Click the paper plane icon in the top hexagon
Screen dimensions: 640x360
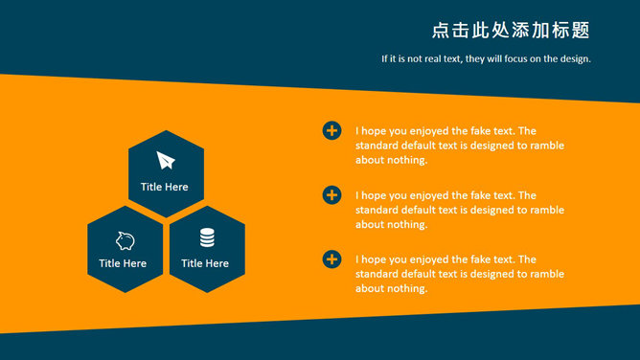click(x=166, y=160)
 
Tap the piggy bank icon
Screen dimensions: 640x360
click(x=125, y=240)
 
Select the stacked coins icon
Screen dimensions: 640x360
click(x=207, y=237)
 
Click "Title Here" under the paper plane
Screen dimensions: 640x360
click(x=165, y=187)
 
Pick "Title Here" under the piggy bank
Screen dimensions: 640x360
click(x=123, y=263)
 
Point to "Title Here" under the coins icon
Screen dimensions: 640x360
click(x=205, y=263)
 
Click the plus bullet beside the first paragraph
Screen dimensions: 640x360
click(x=331, y=130)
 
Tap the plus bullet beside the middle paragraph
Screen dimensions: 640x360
click(x=331, y=195)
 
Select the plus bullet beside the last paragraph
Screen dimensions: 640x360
click(x=331, y=259)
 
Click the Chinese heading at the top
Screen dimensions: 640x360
click(x=511, y=31)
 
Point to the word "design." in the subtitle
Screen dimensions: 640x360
click(x=576, y=59)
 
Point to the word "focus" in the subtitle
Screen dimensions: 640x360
click(x=515, y=58)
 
